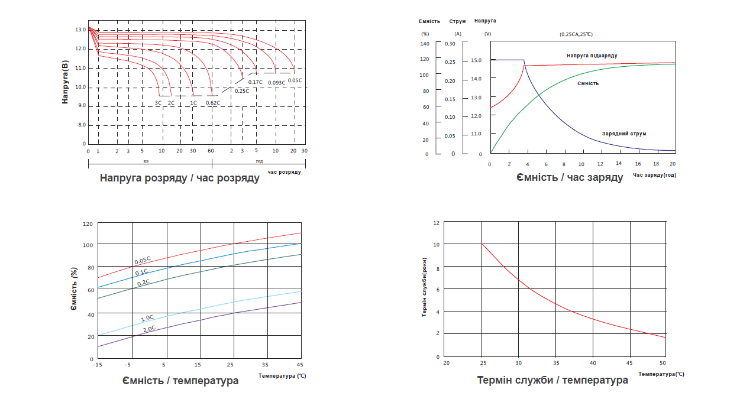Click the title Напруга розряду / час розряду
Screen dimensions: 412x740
179,178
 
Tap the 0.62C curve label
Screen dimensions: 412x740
213,103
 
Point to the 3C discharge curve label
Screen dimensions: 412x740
158,103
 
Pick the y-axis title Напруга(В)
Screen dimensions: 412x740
66,82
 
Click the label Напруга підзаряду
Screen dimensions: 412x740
592,56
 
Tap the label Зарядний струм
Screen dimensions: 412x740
624,134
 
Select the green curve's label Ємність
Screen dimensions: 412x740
588,83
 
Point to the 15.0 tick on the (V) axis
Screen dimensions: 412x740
476,60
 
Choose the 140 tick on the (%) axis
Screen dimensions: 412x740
424,44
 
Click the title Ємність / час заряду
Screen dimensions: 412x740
569,177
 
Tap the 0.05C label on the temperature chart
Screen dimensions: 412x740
142,260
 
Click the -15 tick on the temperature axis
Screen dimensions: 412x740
97,364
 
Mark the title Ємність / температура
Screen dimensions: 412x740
180,381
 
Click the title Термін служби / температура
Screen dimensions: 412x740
552,380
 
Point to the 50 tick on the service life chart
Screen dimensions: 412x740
663,362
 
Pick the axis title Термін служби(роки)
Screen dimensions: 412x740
425,290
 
